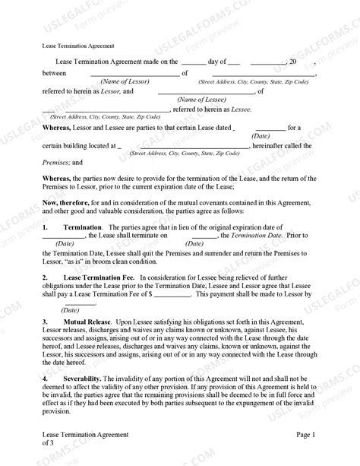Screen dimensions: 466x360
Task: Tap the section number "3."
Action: click(x=45, y=323)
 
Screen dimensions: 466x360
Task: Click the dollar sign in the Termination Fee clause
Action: click(x=153, y=293)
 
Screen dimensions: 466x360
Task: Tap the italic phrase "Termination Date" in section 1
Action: click(x=254, y=236)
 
